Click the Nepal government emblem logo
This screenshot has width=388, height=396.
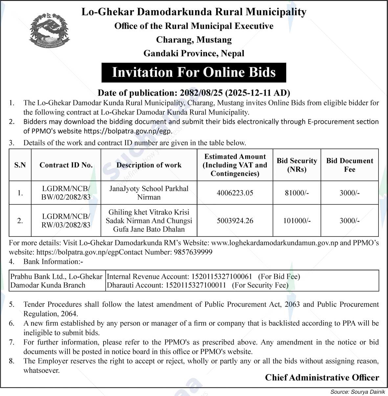[49, 31]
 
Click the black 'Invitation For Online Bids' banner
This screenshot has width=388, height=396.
[194, 72]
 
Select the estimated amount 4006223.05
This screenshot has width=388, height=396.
[235, 193]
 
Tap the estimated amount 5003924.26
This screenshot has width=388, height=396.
[235, 220]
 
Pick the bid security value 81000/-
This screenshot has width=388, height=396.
[297, 193]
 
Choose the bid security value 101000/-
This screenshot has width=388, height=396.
[297, 220]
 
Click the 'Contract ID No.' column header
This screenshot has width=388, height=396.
[66, 165]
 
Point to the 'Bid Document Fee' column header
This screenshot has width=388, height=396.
[350, 165]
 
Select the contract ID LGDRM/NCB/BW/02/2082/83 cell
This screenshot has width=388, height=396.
[66, 193]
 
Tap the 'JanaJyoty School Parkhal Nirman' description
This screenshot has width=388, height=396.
[149, 193]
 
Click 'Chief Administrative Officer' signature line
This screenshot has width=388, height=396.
[322, 378]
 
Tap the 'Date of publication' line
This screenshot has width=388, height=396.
[194, 93]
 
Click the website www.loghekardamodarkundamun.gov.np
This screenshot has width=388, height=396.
[274, 243]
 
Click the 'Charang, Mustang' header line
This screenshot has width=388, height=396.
[194, 40]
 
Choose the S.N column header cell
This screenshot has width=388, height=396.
[20, 165]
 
